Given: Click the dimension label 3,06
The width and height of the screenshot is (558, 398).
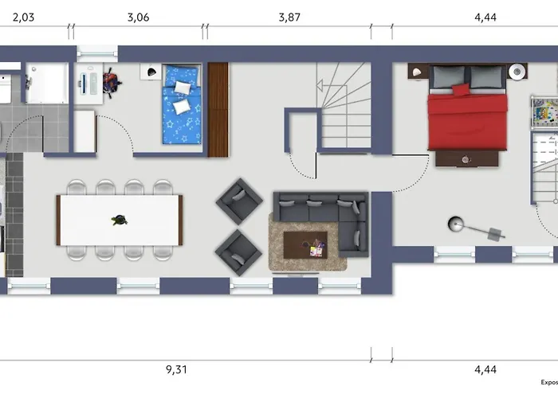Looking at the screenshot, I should pyautogui.click(x=138, y=17).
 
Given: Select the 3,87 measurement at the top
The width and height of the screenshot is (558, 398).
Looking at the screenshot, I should pyautogui.click(x=289, y=17).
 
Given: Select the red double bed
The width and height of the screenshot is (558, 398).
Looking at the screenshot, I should pyautogui.click(x=467, y=115).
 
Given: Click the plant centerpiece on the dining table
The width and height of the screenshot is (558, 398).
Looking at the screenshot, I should pyautogui.click(x=119, y=220).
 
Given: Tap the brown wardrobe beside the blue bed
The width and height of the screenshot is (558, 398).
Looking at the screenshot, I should pyautogui.click(x=218, y=109).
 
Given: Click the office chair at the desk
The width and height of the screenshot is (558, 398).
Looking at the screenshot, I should pyautogui.click(x=110, y=80).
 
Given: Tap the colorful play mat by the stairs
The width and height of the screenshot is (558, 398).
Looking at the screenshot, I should pyautogui.click(x=546, y=112).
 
